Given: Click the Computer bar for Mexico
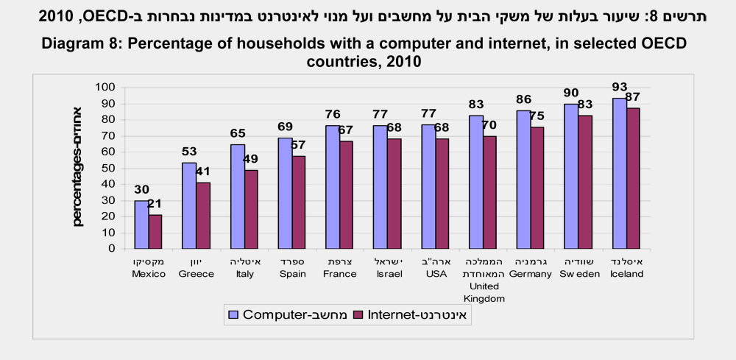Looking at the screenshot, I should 141,225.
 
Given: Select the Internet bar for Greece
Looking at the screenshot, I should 202,216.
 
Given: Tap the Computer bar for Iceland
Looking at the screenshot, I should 619,174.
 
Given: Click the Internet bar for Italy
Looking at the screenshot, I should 250,209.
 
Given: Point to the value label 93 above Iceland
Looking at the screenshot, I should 620,88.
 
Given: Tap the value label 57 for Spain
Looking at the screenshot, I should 299,145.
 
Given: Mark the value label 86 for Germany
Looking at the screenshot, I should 524,98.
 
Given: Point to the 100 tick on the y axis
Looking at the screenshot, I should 107,88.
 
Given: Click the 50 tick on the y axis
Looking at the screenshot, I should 110,168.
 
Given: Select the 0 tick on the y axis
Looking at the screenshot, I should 113,248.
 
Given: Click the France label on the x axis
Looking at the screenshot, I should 340,274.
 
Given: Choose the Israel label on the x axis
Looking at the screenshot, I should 388,274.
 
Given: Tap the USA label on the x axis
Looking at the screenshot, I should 436,274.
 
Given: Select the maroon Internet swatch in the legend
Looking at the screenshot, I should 360,314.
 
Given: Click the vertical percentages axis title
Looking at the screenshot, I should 79,166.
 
